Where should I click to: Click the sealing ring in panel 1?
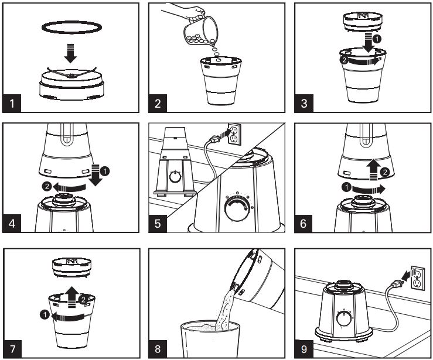tap(71, 27)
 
